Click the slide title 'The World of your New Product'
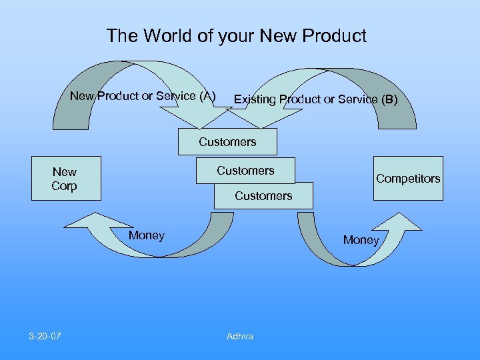(236, 36)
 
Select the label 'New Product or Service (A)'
(143, 96)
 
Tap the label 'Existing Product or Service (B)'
(315, 100)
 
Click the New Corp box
(65, 179)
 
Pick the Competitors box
(408, 179)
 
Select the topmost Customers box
(227, 142)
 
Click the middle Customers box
(245, 171)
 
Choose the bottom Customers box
(263, 196)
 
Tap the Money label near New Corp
(147, 235)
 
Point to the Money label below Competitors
(361, 240)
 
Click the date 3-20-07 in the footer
(45, 336)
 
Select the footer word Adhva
(240, 337)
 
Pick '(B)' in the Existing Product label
(389, 100)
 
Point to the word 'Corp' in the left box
(64, 186)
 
